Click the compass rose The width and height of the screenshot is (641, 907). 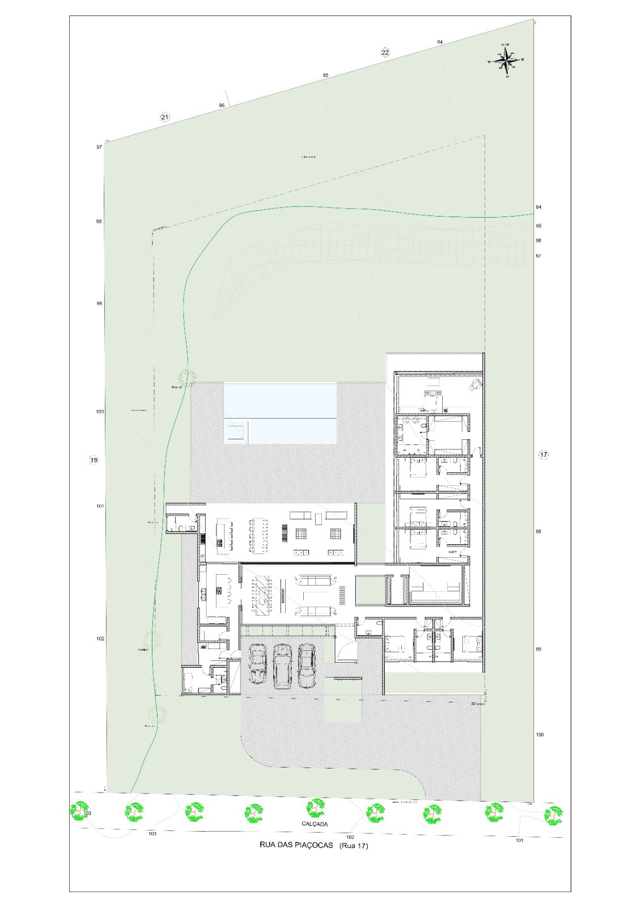pos(506,60)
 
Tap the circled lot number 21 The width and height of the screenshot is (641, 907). pos(164,117)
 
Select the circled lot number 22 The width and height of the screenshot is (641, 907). pos(385,53)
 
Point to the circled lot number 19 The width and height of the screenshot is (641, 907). pos(94,460)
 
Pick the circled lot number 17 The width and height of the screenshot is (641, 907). pos(544,455)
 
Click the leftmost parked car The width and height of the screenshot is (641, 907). pos(257,664)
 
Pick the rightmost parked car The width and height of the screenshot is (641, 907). pos(307,666)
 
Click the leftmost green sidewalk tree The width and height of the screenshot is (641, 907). pos(80,811)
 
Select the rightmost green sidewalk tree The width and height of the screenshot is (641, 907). pos(553,815)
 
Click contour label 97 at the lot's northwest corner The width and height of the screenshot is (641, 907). pos(99,147)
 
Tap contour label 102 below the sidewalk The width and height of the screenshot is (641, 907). pos(350,837)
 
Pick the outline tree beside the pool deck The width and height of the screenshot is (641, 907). pos(185,376)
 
